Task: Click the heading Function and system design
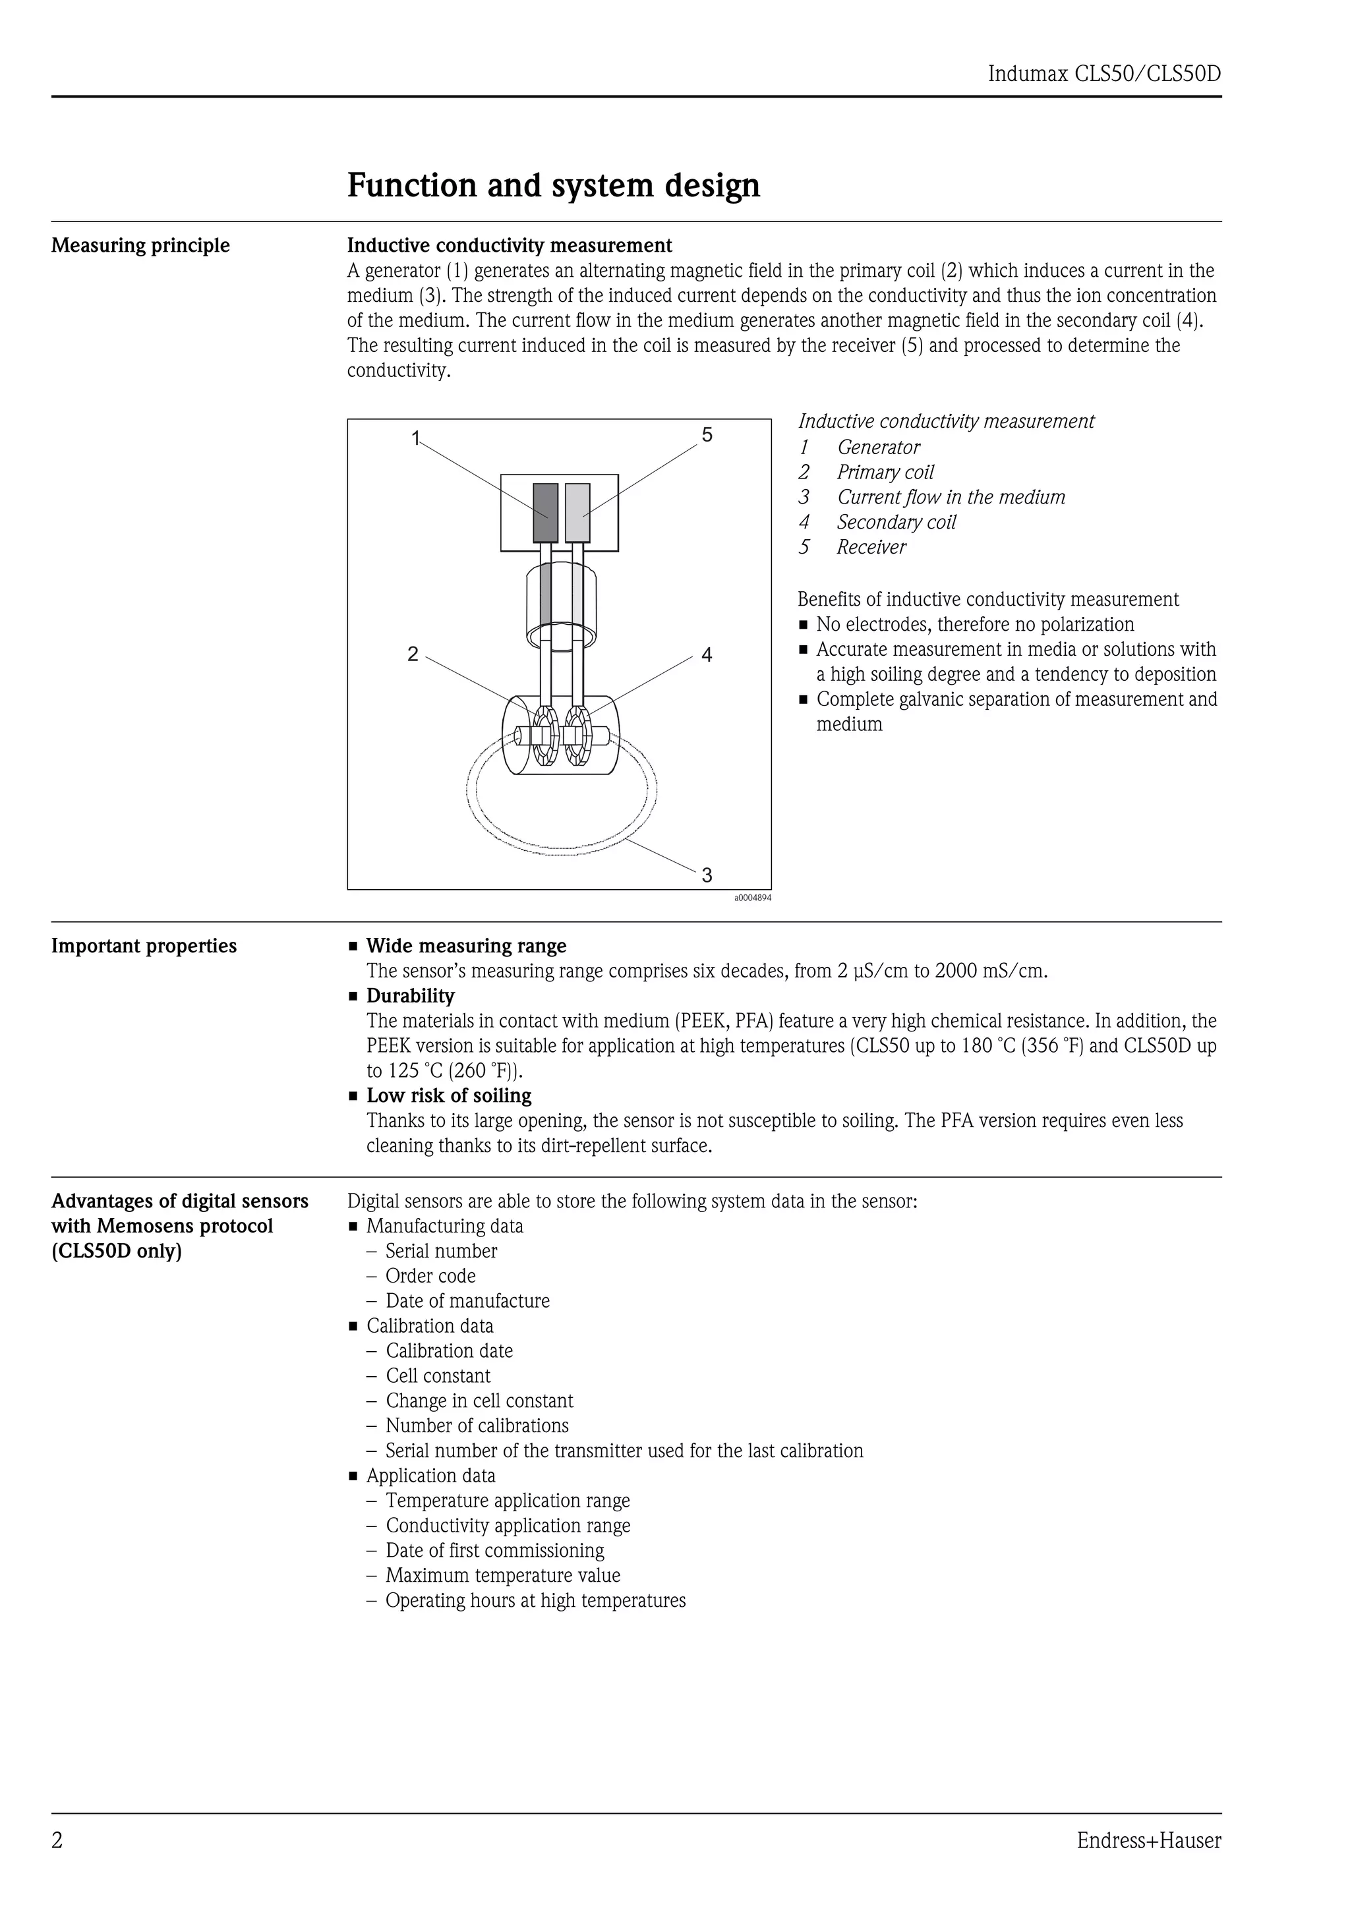[x=553, y=185]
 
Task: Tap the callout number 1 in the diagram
[x=416, y=438]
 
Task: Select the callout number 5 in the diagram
[x=707, y=434]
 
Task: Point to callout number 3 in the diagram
[x=707, y=875]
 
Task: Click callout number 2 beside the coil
[x=413, y=654]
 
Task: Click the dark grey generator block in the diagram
[x=545, y=513]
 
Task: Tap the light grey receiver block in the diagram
[x=577, y=513]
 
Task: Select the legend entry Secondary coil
[x=896, y=523]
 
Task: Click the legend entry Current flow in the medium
[x=950, y=498]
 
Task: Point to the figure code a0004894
[x=752, y=898]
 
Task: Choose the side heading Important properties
[x=144, y=946]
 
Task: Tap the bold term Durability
[x=410, y=996]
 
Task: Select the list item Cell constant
[x=438, y=1376]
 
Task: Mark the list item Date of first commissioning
[x=494, y=1551]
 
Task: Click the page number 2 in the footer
[x=57, y=1841]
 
